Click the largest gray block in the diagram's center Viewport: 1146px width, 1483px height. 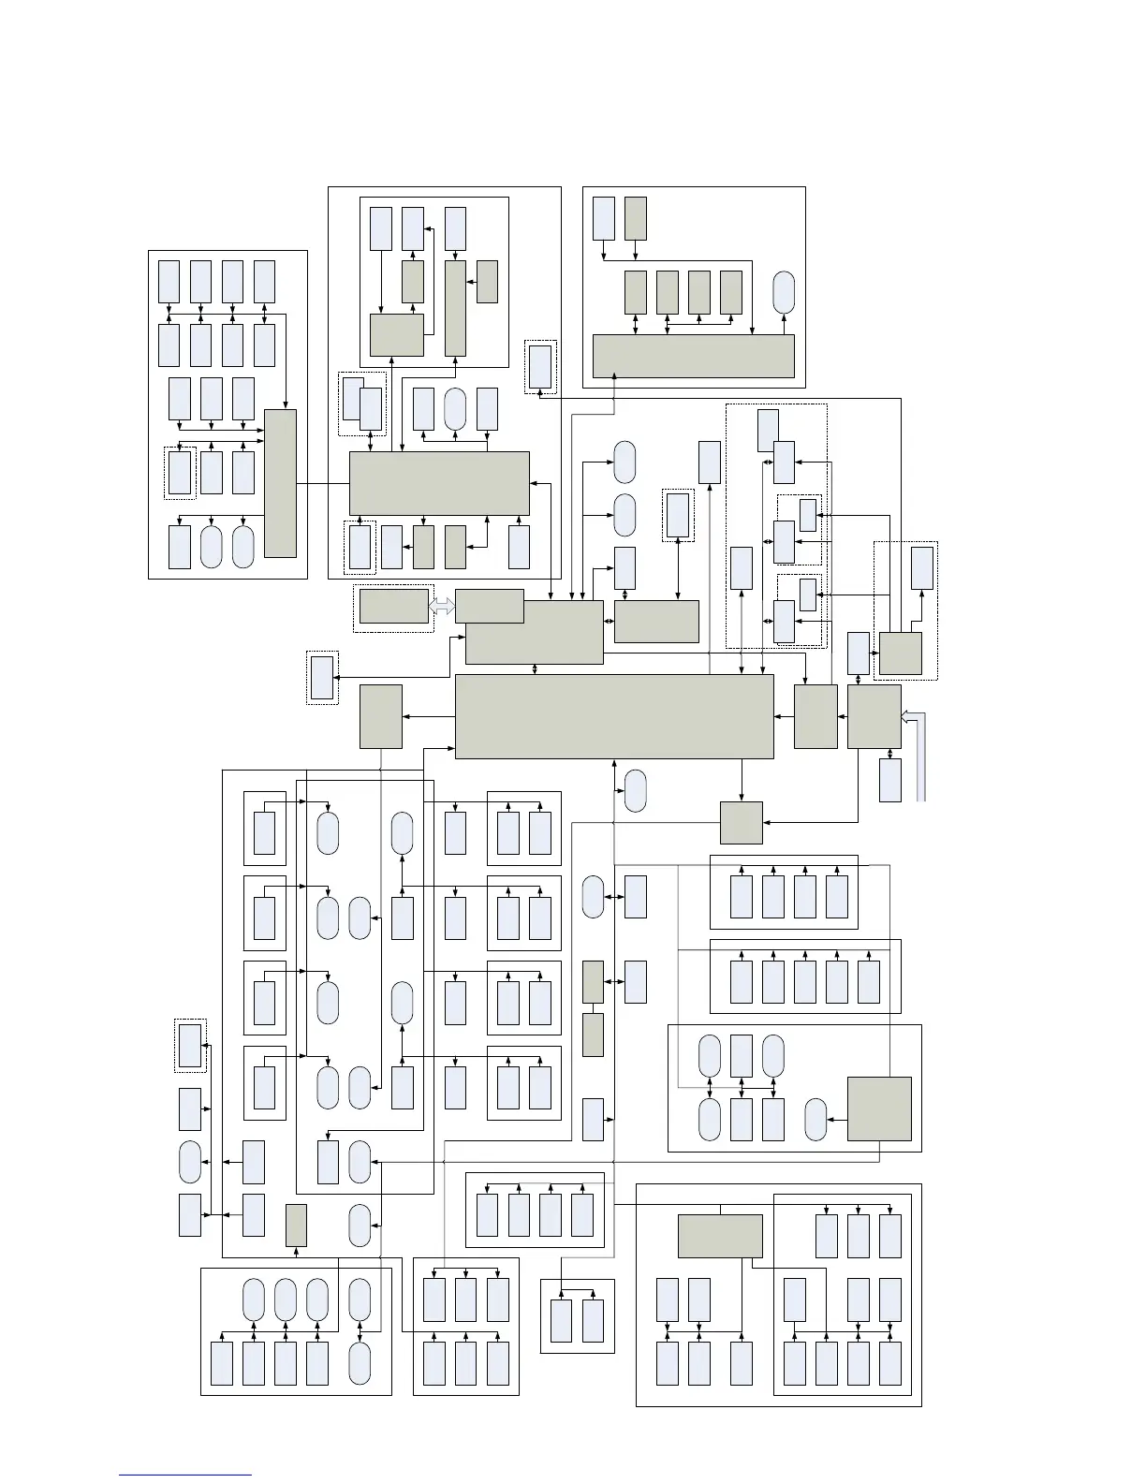pos(614,716)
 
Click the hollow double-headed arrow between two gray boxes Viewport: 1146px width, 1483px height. pos(442,607)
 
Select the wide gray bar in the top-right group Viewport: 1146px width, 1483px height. pos(694,356)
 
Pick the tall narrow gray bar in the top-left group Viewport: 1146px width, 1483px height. pos(281,483)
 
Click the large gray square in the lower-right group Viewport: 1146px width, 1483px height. pos(879,1109)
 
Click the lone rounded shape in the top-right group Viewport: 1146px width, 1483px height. pos(784,293)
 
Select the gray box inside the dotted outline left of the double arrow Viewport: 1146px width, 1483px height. pos(394,606)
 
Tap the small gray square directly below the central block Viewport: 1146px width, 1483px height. pos(742,823)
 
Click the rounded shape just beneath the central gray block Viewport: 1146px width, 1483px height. pos(635,790)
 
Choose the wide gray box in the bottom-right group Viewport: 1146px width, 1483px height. pos(720,1236)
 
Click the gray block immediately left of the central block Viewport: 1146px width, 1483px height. pos(381,716)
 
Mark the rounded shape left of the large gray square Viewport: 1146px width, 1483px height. pos(815,1119)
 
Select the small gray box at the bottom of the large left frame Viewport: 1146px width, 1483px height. pos(296,1225)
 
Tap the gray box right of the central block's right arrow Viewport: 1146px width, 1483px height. pos(815,716)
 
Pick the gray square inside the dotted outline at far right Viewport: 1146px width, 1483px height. pos(901,653)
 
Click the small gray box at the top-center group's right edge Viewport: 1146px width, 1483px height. pos(487,281)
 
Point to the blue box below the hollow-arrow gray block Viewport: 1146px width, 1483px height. pos(890,780)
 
